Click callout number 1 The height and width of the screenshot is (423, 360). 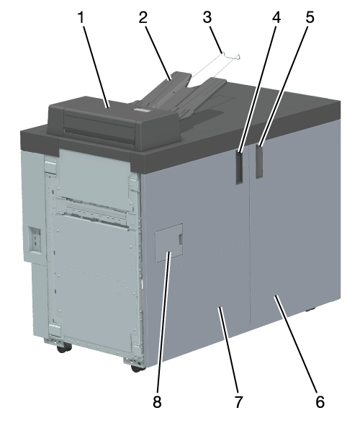coord(81,17)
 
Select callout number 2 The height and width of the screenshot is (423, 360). coord(143,17)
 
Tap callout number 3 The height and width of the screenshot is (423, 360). coord(207,17)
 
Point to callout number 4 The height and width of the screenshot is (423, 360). coord(276,17)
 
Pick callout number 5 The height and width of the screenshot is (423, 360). coord(310,17)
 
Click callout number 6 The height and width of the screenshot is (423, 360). coord(320,402)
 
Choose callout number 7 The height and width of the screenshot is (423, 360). coord(238,402)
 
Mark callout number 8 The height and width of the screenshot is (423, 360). coord(157,402)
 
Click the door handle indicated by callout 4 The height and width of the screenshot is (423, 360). coord(239,167)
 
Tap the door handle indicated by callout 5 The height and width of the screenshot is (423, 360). coord(259,161)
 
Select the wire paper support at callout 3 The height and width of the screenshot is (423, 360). coord(215,68)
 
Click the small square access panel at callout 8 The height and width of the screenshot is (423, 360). coord(169,243)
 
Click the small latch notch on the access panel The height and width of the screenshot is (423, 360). coord(181,239)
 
